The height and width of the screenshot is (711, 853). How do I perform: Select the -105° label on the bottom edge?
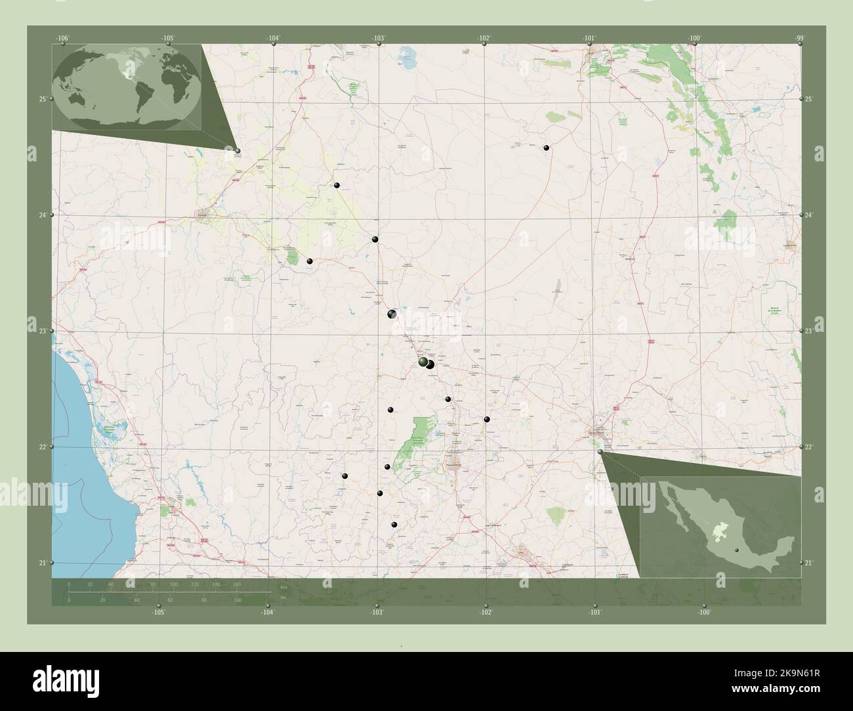157,612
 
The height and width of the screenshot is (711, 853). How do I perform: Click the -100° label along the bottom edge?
704,612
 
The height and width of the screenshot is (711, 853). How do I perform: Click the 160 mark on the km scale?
237,584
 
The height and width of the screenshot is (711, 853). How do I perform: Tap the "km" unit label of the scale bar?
283,586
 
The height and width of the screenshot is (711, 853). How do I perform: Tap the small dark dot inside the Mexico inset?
737,550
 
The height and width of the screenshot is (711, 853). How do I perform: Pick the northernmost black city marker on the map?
546,148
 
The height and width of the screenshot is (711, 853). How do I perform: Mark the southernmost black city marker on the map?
394,525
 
